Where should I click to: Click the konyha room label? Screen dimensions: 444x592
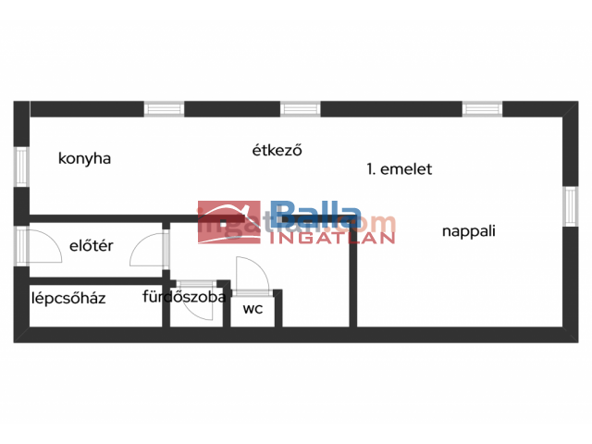pyautogui.click(x=84, y=158)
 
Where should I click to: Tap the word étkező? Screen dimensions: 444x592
pyautogui.click(x=277, y=150)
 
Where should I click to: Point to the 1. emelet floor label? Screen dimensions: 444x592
pyautogui.click(x=400, y=169)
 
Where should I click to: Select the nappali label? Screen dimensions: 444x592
pyautogui.click(x=469, y=231)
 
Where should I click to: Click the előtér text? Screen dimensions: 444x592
pyautogui.click(x=92, y=246)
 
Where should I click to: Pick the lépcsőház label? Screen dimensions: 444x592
pyautogui.click(x=68, y=298)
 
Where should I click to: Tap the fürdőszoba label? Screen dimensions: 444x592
pyautogui.click(x=185, y=297)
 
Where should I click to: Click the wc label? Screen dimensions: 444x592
pyautogui.click(x=253, y=309)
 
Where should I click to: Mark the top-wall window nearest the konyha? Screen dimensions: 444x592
pyautogui.click(x=165, y=109)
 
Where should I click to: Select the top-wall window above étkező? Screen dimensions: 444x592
pyautogui.click(x=301, y=109)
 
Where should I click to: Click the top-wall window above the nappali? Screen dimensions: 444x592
pyautogui.click(x=482, y=109)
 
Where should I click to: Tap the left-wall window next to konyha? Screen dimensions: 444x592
pyautogui.click(x=21, y=167)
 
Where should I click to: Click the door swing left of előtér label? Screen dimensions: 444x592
pyautogui.click(x=42, y=245)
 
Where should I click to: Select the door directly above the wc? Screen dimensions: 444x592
pyautogui.click(x=251, y=276)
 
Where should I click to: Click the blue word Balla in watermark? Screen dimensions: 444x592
pyautogui.click(x=314, y=217)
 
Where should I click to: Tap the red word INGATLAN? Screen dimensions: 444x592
pyautogui.click(x=332, y=237)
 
